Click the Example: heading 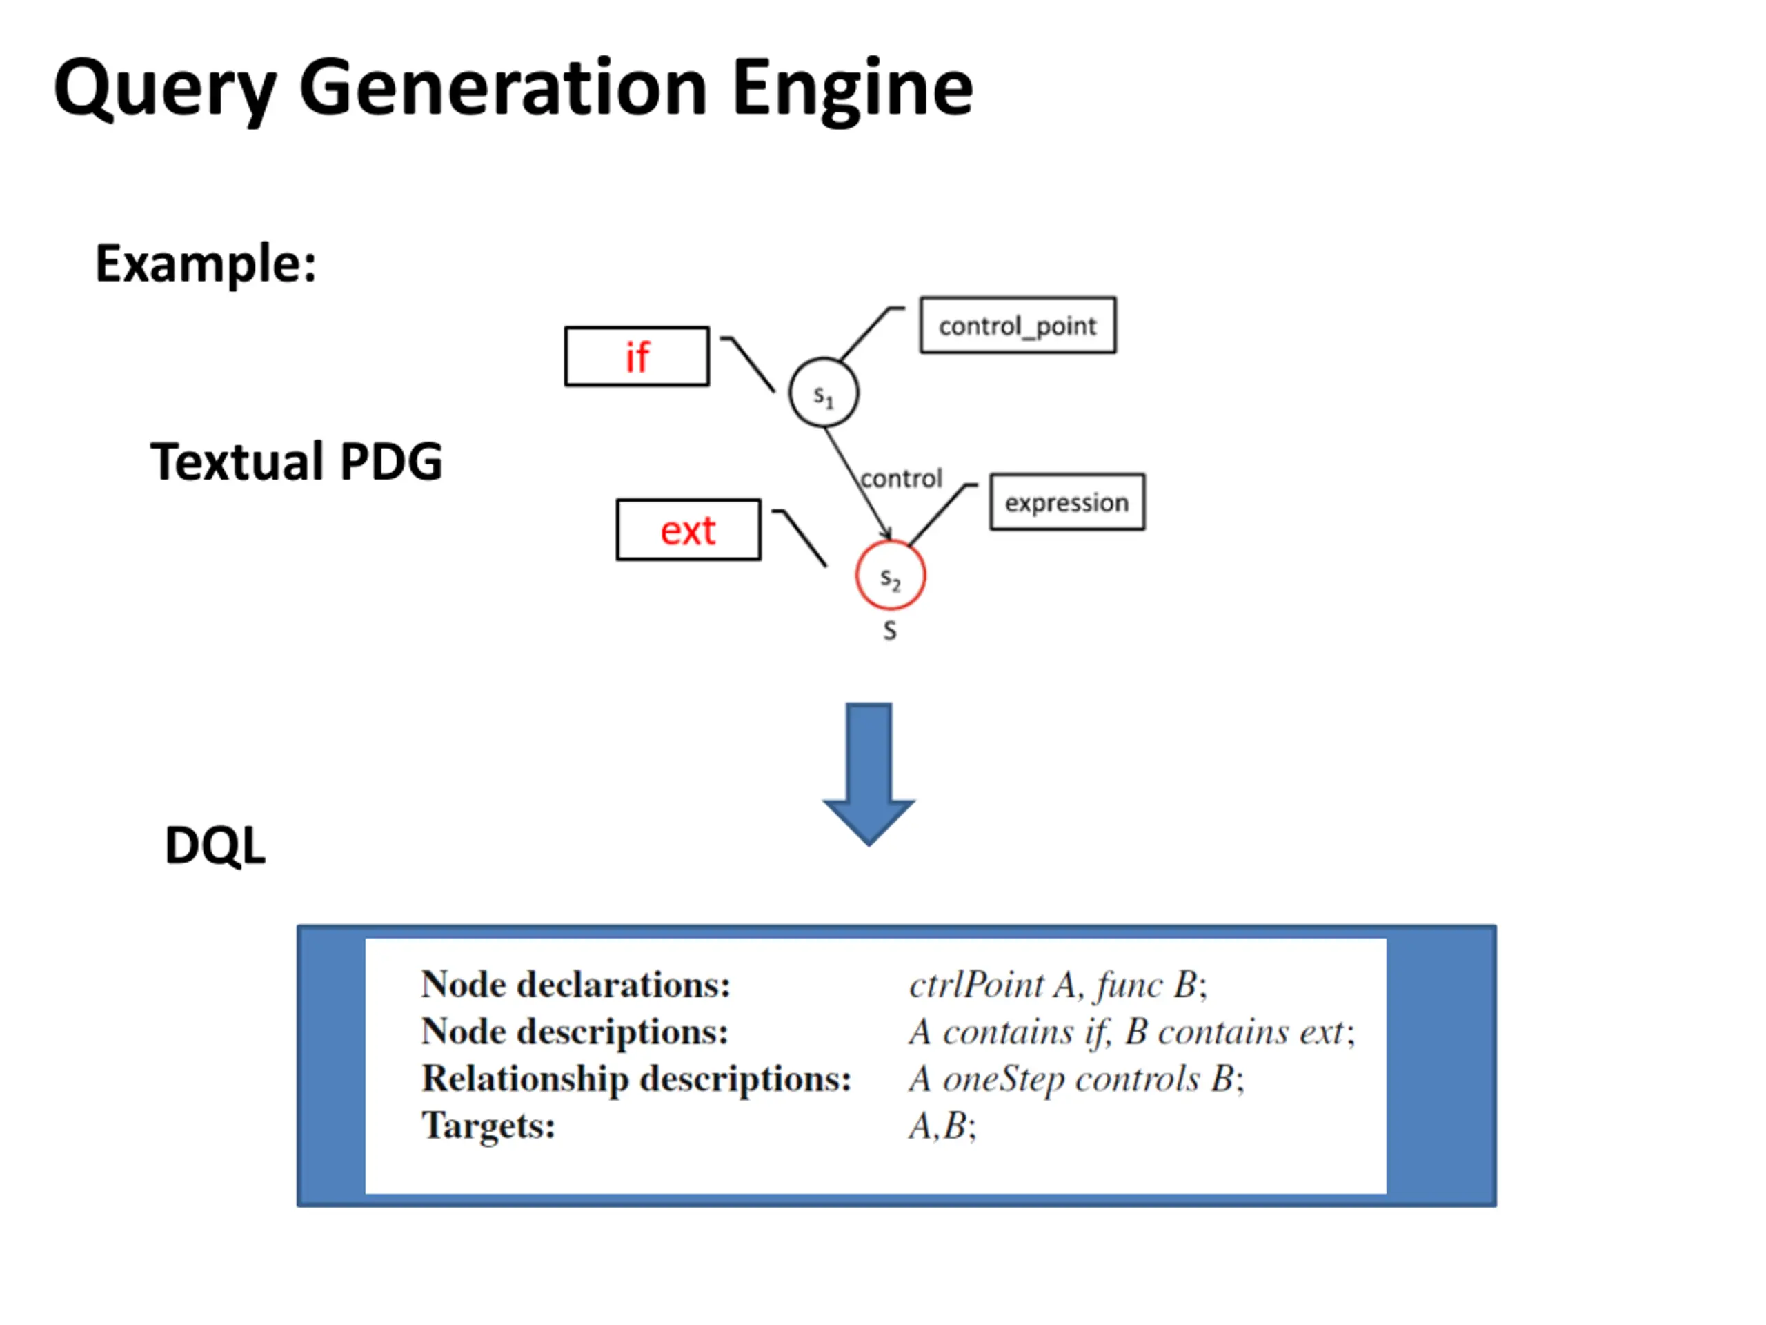tap(205, 264)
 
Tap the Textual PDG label tap(296, 462)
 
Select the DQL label tap(215, 845)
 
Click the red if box tap(636, 356)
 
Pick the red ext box tap(688, 530)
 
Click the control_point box tap(1018, 325)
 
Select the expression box tap(1066, 502)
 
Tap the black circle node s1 tap(824, 393)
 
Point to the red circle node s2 tap(890, 576)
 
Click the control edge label tap(902, 478)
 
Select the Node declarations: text tap(575, 985)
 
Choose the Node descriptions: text tap(575, 1032)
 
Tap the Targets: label tap(488, 1126)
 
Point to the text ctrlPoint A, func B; tap(1058, 985)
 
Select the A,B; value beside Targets tap(942, 1126)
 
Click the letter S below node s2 tap(889, 631)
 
